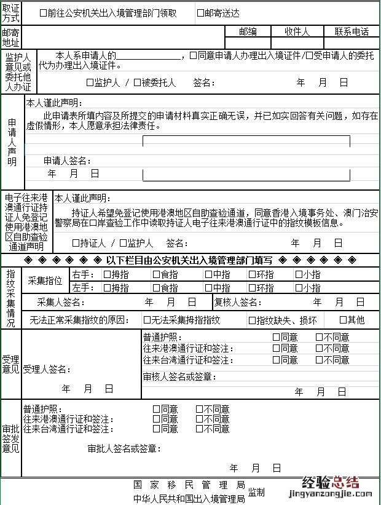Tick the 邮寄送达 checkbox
(201, 13)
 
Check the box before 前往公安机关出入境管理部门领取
(43, 13)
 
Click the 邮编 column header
(248, 31)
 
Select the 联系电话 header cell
(352, 31)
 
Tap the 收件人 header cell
(297, 31)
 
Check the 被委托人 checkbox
(137, 82)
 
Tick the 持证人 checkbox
(76, 243)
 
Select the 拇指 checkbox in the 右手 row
(107, 274)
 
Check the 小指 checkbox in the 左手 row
(299, 288)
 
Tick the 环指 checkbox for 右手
(251, 274)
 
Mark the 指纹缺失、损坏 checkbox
(251, 320)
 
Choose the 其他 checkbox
(343, 320)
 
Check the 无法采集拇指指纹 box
(147, 320)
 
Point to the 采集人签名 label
(60, 302)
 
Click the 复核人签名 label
(239, 302)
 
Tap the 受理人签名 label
(46, 370)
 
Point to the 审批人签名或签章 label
(125, 449)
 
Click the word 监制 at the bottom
(256, 493)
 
